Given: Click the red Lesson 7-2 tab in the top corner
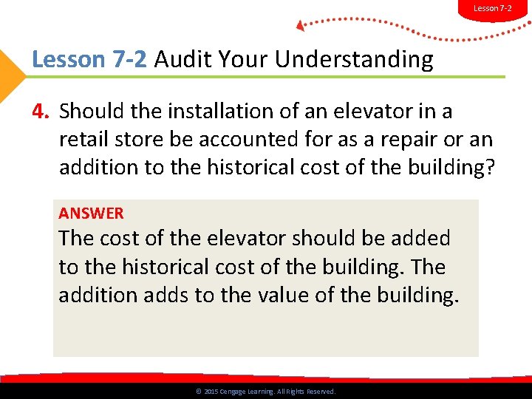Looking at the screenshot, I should point(493,8).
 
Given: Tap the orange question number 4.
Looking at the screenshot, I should point(41,112).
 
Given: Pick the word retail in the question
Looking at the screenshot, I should point(83,140).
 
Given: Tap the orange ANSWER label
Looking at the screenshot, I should point(91,214).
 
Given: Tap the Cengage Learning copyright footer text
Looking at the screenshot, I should point(266,392).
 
